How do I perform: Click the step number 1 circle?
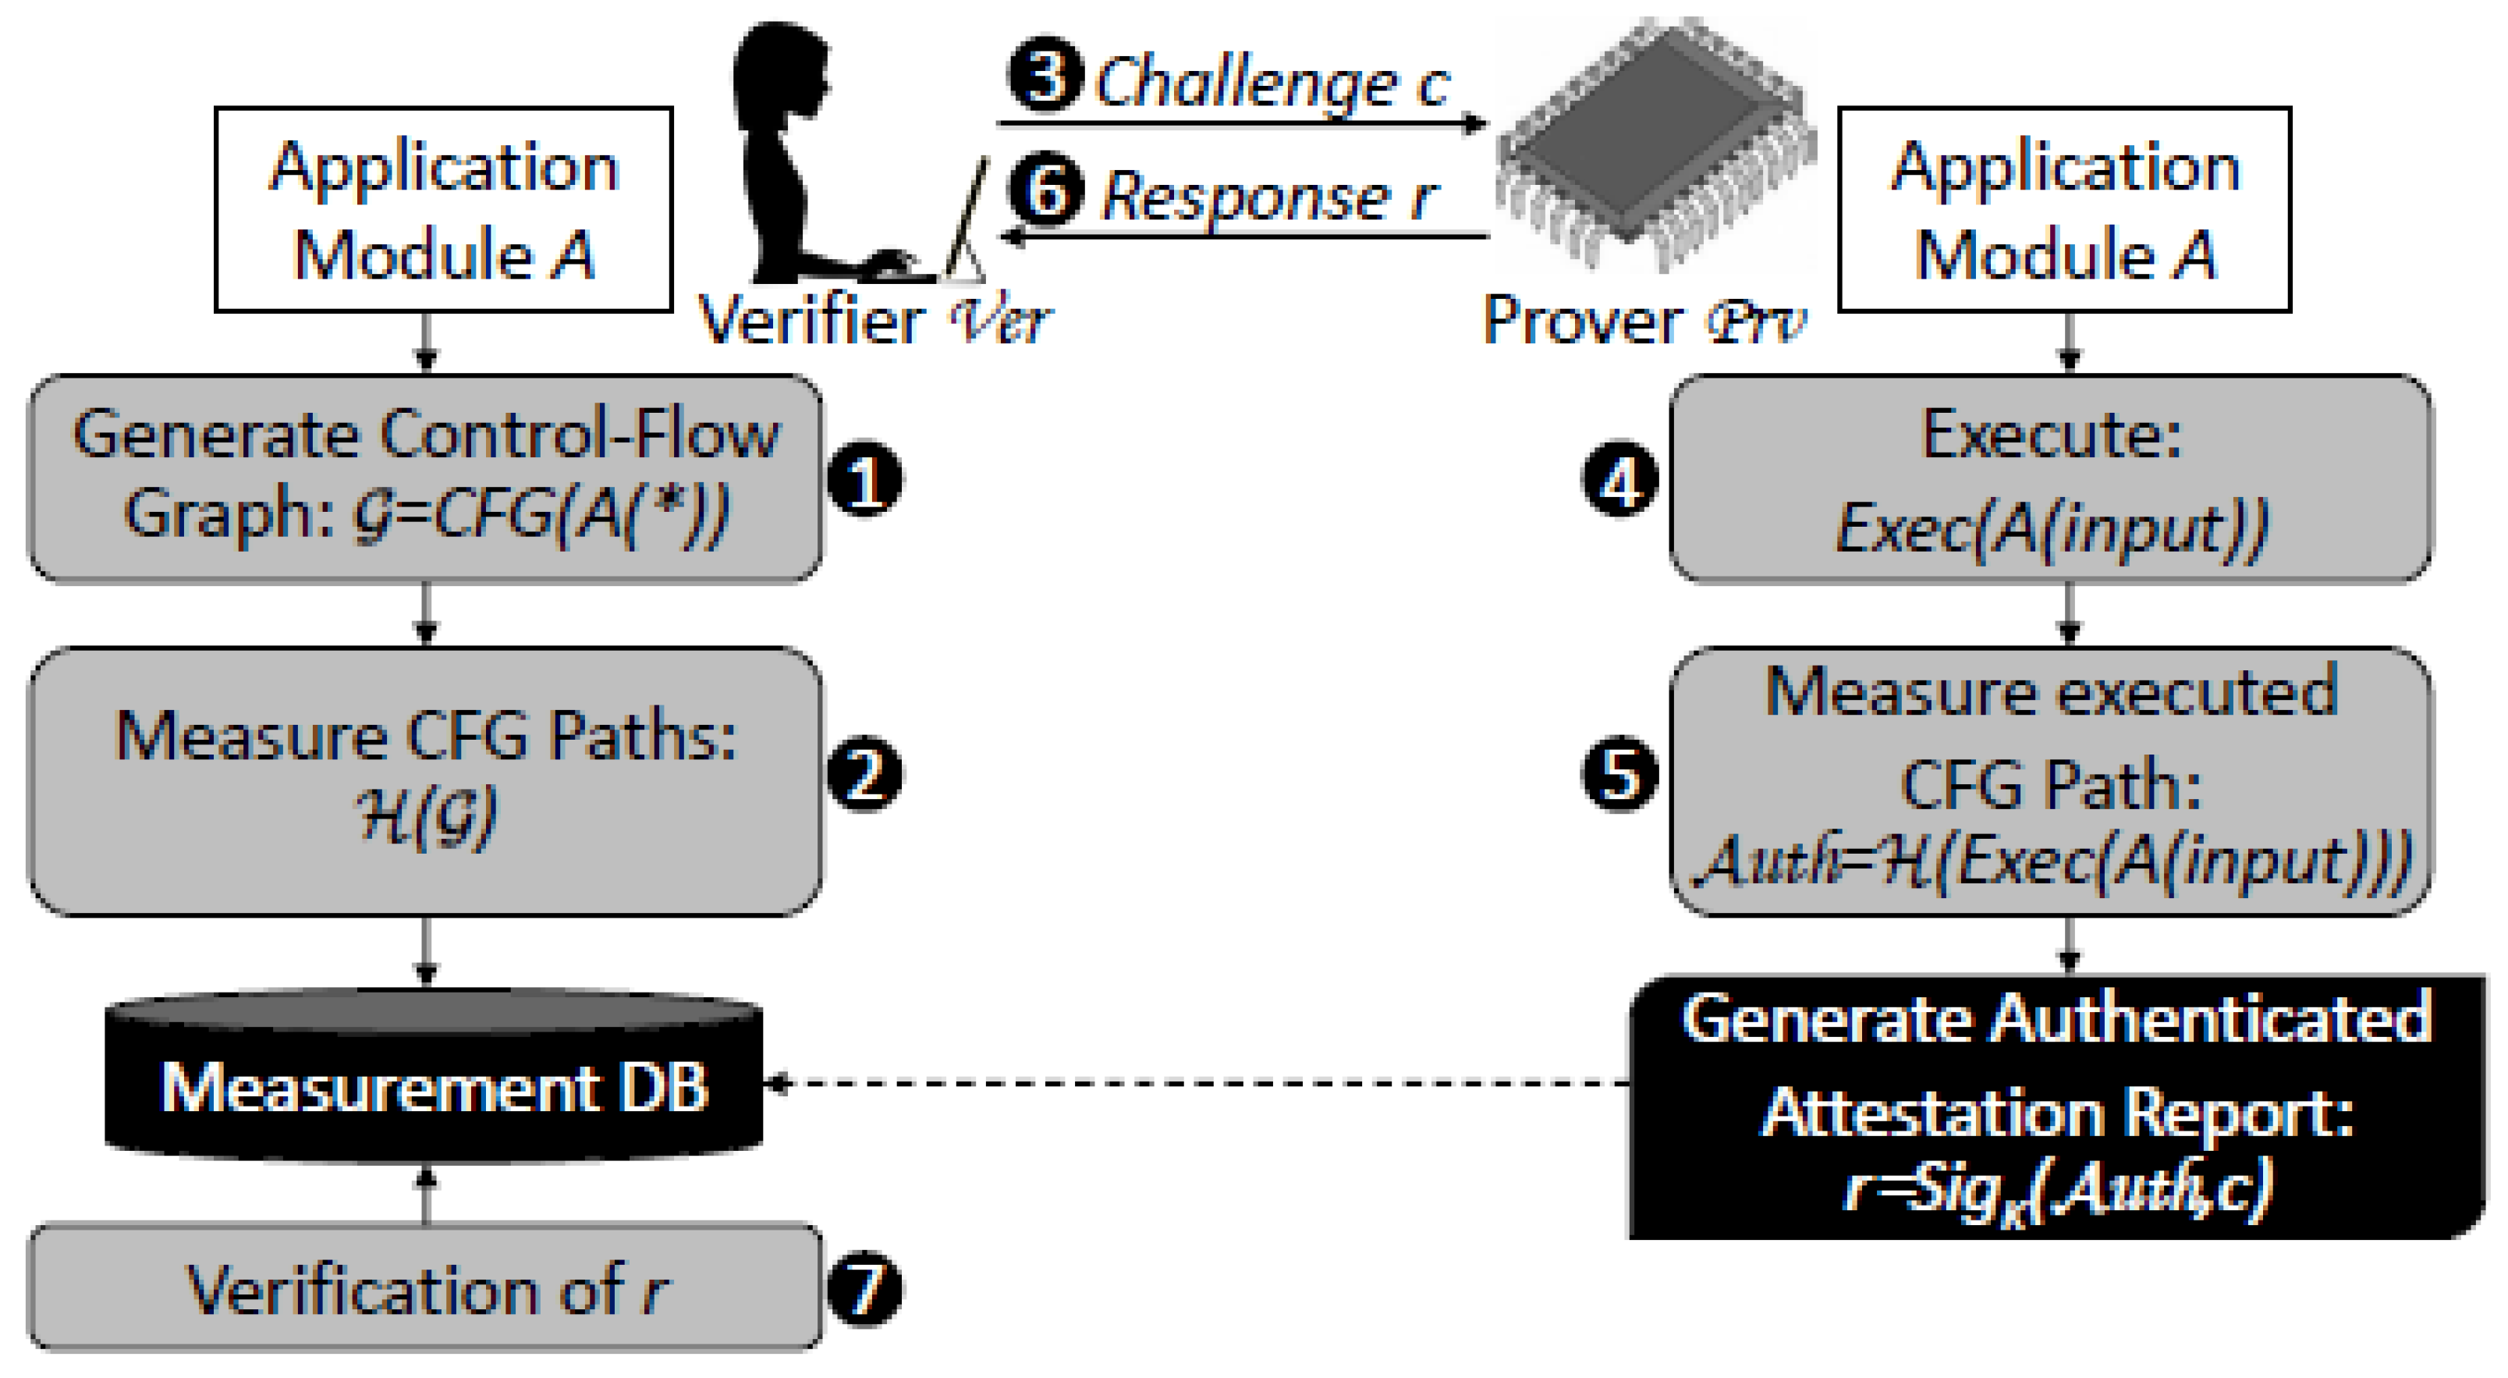point(864,479)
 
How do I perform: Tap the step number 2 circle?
point(864,774)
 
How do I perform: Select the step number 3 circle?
point(1045,75)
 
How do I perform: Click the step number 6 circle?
point(1045,189)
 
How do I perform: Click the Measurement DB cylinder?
point(433,1081)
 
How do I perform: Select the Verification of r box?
point(424,1288)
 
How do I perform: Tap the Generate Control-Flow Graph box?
point(424,478)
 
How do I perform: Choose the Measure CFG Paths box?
point(424,779)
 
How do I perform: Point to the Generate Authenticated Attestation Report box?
point(2054,1106)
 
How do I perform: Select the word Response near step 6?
point(1247,197)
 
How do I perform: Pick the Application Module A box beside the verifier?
point(444,209)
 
